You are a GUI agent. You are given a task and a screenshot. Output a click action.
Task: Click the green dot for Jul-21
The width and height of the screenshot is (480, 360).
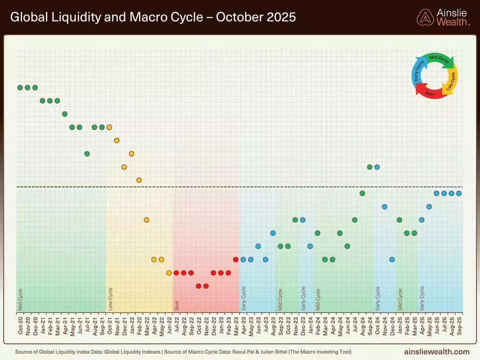pos(87,154)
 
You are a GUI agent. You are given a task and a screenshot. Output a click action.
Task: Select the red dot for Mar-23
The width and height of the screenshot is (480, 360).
pos(236,259)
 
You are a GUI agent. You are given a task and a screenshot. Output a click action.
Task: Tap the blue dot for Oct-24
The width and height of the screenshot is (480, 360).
pos(377,167)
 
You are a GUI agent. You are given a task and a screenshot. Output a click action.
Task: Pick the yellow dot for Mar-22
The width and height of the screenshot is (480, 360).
pos(146,220)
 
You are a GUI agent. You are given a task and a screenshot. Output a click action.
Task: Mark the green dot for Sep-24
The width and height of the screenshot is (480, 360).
pos(370,167)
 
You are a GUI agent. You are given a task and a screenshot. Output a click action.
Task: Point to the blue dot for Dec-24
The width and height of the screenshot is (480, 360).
pos(392,259)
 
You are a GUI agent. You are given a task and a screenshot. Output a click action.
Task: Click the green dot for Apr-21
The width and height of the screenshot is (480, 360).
pos(65,114)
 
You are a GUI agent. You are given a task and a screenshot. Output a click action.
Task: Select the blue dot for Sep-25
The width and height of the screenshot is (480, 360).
pos(459,193)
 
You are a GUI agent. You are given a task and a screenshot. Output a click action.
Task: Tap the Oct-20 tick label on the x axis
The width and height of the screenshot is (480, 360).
pos(20,325)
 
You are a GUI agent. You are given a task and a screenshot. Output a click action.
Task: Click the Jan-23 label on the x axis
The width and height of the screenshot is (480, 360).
pos(221,325)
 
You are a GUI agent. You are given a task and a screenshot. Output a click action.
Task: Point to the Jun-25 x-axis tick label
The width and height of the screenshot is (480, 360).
pos(437,325)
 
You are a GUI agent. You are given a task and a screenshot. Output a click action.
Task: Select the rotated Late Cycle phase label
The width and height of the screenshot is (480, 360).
pos(110,299)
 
